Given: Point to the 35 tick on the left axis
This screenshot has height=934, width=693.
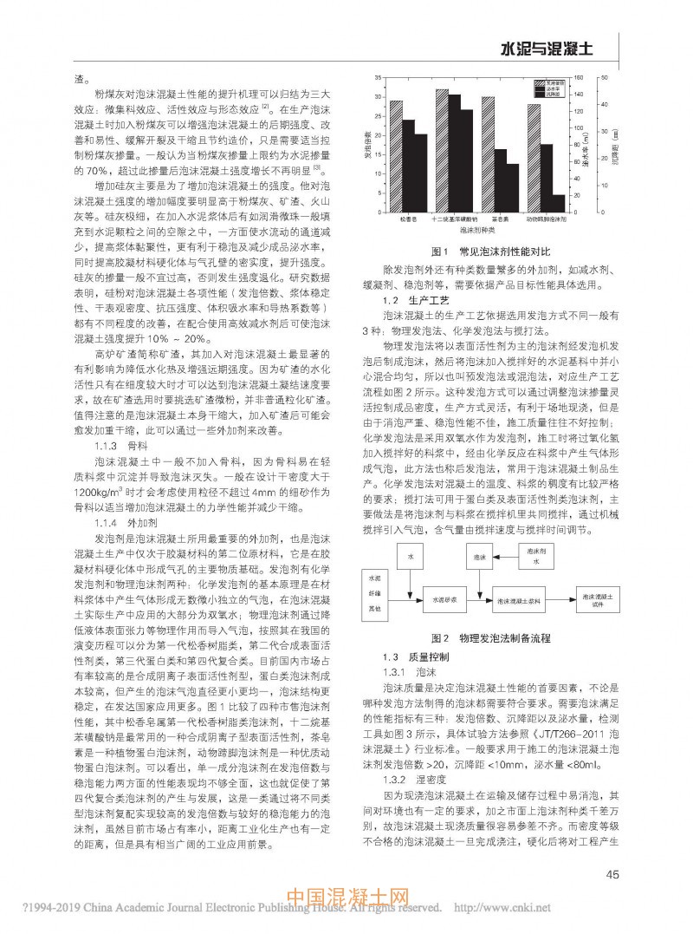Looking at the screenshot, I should point(380,77).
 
